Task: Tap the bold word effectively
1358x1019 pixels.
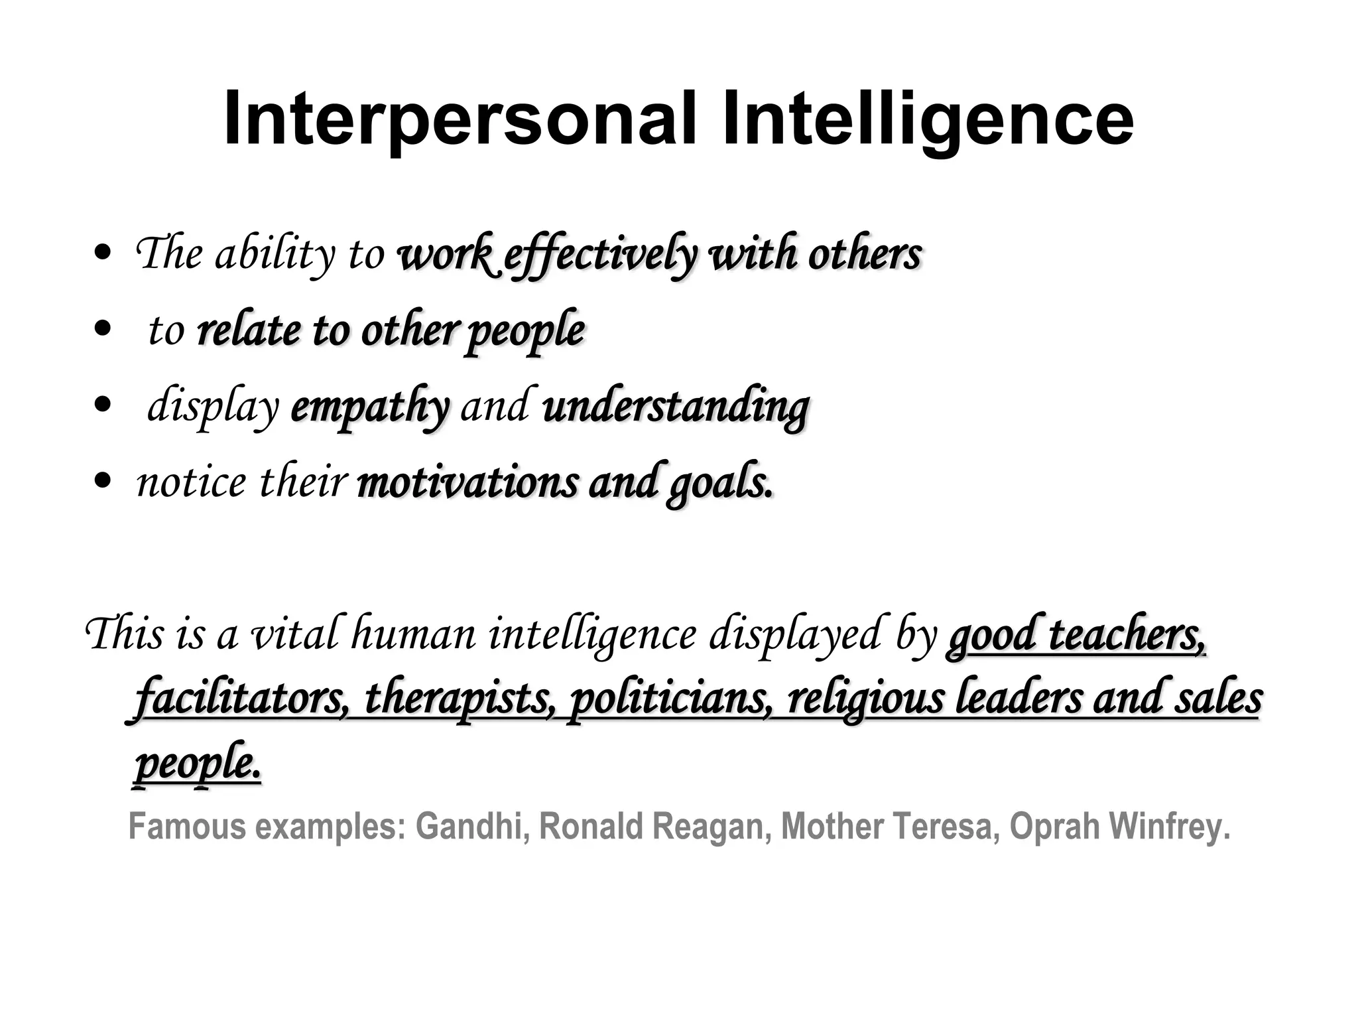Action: tap(600, 255)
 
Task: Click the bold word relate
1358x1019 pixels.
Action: tap(249, 330)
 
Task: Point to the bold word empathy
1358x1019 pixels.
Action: tap(369, 407)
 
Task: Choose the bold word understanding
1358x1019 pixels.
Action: tap(676, 407)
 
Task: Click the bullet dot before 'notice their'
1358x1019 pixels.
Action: tap(103, 481)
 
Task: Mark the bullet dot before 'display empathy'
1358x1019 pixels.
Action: tap(103, 405)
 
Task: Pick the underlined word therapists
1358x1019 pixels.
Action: tap(460, 699)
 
